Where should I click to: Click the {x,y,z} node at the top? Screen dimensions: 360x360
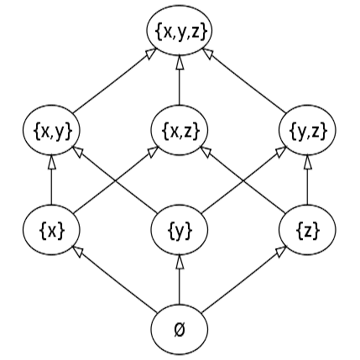[x=180, y=32]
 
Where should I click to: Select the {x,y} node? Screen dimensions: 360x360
[x=52, y=130]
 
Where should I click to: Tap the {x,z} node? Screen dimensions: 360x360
[x=180, y=130]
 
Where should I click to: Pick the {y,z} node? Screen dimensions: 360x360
[x=306, y=130]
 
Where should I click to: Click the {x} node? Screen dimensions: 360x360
[x=52, y=228]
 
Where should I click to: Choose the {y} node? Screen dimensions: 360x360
[x=180, y=228]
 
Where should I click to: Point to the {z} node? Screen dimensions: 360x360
[x=306, y=228]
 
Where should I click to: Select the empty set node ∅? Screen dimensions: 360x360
[x=180, y=326]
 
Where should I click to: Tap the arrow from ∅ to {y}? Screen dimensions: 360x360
[x=180, y=277]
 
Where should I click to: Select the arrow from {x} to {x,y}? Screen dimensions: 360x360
[x=52, y=180]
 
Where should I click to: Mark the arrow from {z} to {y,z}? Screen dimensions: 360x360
[x=306, y=180]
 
